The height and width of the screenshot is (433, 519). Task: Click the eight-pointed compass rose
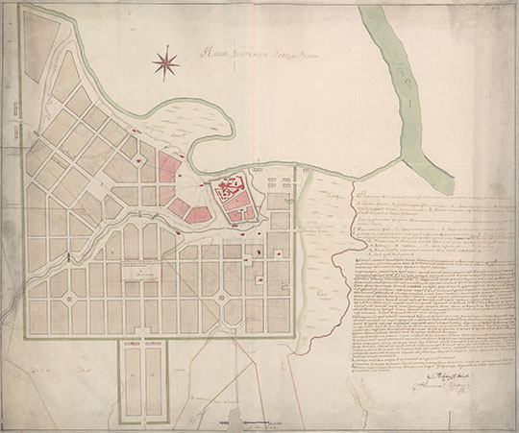click(165, 62)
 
